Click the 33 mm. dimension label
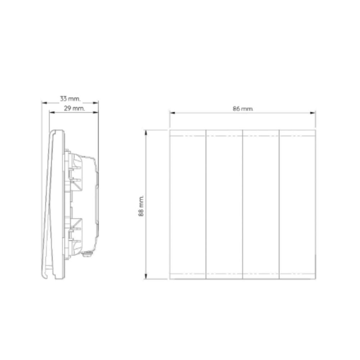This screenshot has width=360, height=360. tap(70, 99)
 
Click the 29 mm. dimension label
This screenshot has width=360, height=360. tap(74, 108)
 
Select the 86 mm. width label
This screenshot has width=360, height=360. tap(243, 109)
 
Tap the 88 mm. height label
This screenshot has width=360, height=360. tap(141, 206)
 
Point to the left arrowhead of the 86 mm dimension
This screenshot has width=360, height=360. tap(172, 113)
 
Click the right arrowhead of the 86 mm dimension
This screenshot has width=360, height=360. tap(313, 113)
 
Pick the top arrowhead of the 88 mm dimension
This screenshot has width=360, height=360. tap(145, 133)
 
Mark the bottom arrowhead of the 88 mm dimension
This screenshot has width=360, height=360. tap(145, 276)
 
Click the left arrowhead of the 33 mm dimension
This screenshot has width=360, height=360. tap(44, 103)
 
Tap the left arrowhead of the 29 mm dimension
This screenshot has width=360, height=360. tap(52, 112)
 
